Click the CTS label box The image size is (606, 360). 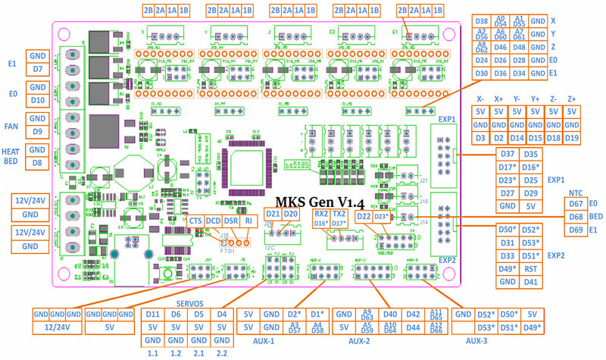[196, 221]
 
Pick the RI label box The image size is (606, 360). [248, 221]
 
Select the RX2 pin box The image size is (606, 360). [321, 214]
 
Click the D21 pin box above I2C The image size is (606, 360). [273, 214]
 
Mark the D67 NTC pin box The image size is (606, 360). [576, 204]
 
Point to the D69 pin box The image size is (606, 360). [576, 230]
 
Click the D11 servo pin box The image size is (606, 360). [152, 313]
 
